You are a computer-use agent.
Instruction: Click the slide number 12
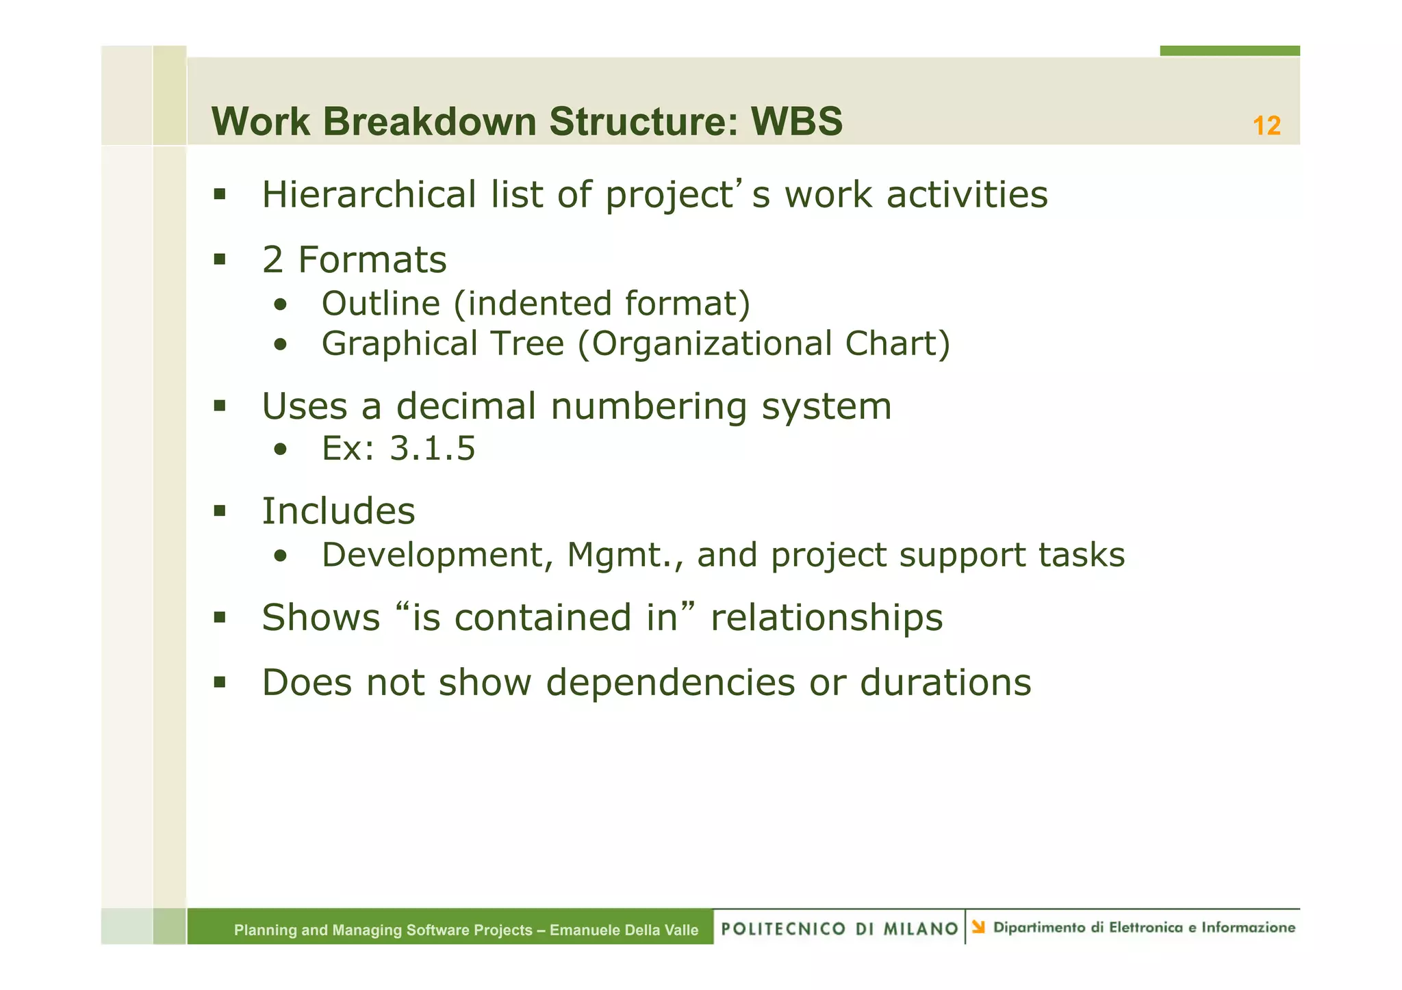point(1266,126)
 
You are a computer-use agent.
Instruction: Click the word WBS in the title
point(797,122)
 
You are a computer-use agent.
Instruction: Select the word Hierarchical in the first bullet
point(369,195)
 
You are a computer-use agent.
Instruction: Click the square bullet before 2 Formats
point(219,259)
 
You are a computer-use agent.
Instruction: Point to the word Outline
point(381,303)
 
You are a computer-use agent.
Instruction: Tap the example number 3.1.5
point(432,449)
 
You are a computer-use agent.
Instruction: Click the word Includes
point(338,511)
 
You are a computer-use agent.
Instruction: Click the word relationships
point(826,617)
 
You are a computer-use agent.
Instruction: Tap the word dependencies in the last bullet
point(670,682)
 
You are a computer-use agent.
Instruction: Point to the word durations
point(945,682)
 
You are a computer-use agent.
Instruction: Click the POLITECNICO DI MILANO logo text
point(839,928)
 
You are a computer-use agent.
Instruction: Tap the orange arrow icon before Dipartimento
point(978,927)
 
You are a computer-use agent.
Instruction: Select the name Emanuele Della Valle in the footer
point(624,930)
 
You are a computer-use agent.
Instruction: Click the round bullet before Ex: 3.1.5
point(279,450)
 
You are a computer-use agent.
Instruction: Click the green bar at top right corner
point(1229,51)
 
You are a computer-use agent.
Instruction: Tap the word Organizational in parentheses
point(711,343)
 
